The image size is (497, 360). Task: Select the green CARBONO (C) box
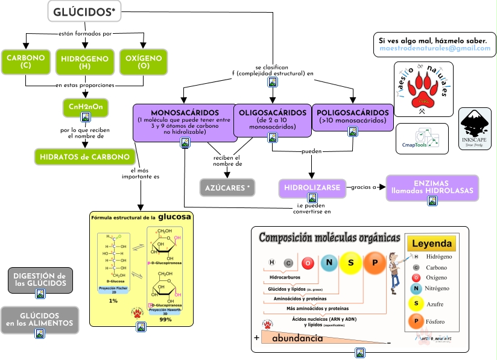tap(25, 62)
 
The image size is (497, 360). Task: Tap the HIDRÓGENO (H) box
tap(84, 62)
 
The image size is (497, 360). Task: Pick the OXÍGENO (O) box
tap(143, 62)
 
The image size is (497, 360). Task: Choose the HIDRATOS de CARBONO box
tap(84, 157)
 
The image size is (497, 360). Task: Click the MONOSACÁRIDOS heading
tap(185, 113)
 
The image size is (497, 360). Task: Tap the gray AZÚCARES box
tap(227, 188)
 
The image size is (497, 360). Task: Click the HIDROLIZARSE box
tap(312, 187)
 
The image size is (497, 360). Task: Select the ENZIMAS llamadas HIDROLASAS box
tap(432, 187)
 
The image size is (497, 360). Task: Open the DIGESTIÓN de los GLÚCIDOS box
tap(40, 279)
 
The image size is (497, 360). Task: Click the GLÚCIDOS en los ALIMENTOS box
tap(40, 319)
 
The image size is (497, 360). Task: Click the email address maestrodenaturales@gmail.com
tap(434, 48)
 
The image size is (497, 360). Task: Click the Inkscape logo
tap(475, 128)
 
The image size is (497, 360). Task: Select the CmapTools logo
tap(422, 138)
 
